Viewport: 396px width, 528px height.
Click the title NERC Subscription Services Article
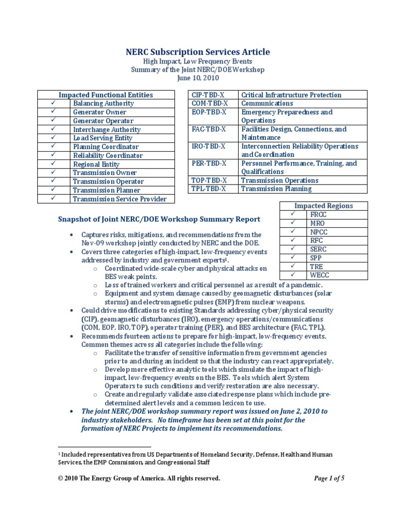click(x=198, y=52)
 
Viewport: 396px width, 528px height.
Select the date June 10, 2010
click(x=198, y=78)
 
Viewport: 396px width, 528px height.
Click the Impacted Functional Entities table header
click(x=105, y=95)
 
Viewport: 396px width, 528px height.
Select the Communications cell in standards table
click(x=303, y=103)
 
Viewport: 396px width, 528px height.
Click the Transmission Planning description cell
click(x=303, y=189)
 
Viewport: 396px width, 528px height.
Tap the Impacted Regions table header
click(x=323, y=206)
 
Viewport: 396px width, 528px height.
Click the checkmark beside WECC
click(x=292, y=275)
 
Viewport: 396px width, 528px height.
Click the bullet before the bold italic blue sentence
click(x=71, y=411)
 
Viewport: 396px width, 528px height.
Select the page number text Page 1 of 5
click(x=329, y=478)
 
